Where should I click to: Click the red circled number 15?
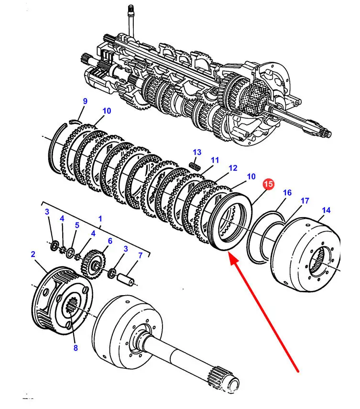269,184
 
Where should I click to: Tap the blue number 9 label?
85,101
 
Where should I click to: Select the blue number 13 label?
197,152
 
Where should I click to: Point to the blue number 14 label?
326,210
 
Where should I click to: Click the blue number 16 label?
287,192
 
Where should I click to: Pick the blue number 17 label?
305,200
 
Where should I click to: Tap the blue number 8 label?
76,348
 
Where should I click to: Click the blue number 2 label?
33,254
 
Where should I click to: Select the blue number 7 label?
140,255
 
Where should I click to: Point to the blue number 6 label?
110,241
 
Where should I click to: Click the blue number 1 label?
100,219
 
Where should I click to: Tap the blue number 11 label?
215,160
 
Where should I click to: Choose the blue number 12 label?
233,168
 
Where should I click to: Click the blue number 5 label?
77,225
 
